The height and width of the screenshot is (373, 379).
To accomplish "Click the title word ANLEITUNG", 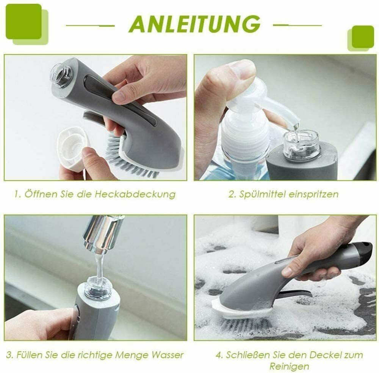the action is click(x=194, y=24).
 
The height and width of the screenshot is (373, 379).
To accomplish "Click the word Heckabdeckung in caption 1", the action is click(x=135, y=194).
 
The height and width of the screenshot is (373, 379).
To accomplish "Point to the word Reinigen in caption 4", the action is click(x=289, y=367).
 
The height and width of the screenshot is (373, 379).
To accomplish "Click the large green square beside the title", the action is click(x=23, y=22).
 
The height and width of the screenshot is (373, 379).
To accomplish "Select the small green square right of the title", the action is click(x=363, y=36).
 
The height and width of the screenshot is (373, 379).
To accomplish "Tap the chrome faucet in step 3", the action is click(x=103, y=235).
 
